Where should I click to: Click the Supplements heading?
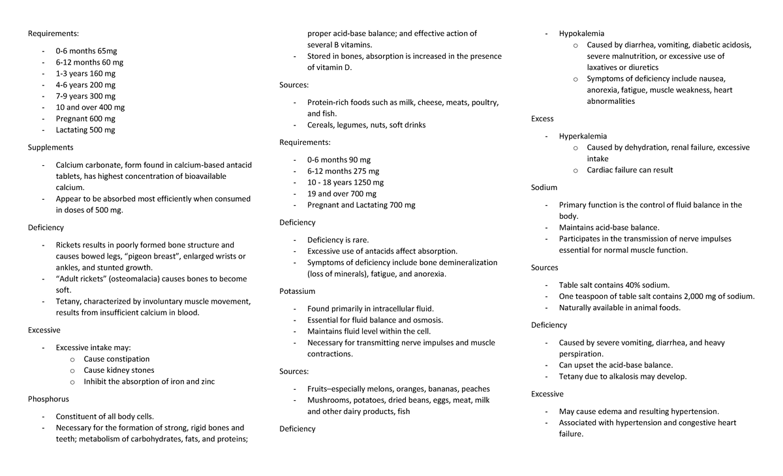50,148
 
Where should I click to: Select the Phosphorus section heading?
48,398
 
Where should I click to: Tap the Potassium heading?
297,291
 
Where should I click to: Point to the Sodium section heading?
544,187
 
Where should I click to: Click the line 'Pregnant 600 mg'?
85,119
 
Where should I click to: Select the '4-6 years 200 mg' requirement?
85,85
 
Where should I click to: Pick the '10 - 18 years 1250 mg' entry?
345,182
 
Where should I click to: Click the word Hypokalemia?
581,33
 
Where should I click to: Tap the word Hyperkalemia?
583,136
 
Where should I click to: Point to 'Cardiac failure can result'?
630,170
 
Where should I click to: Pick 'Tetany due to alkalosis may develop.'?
622,376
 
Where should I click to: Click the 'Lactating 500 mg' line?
85,130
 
